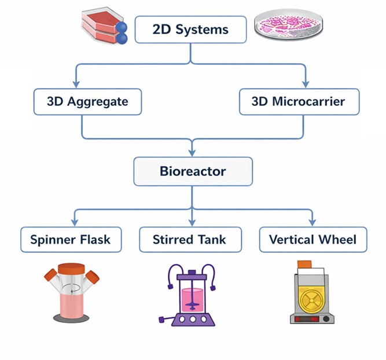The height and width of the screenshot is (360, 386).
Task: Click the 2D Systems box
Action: (190, 30)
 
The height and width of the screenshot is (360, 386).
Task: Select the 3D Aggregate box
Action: (87, 102)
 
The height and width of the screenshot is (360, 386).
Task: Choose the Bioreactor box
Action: (193, 172)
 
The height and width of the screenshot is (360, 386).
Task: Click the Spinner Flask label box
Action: (71, 239)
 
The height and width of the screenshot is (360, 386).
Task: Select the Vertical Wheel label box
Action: (313, 239)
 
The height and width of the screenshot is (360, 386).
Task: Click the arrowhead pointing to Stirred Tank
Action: (193, 223)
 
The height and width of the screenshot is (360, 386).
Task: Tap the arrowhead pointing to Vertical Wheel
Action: (313, 223)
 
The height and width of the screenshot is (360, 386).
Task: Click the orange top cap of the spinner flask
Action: (72, 269)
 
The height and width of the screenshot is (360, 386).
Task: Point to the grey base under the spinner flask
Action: (72, 317)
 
